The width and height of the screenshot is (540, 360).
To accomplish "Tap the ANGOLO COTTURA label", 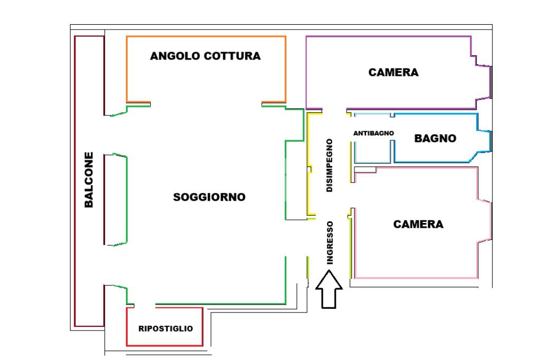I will coord(205,56).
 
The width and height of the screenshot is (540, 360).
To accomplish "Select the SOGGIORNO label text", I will coord(209,197).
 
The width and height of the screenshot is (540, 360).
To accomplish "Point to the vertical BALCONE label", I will coord(89,180).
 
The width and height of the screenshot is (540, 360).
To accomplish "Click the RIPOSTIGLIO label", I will coord(166,328).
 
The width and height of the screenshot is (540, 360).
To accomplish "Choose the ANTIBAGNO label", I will coord(373,133).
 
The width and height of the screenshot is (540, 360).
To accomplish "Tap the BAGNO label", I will coord(435,139).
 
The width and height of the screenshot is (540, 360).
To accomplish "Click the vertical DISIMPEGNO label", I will coord(330,165).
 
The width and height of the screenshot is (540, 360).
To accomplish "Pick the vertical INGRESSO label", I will coord(330,242).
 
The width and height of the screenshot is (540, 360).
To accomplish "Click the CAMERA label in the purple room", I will coord(393,73).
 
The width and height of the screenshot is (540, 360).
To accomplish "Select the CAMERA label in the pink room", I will coord(419,225).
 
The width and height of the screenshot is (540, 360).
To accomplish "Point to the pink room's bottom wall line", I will coord(417,277).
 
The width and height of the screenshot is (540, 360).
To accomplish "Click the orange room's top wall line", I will coord(206,36).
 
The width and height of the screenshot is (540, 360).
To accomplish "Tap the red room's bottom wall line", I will coord(166,346).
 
